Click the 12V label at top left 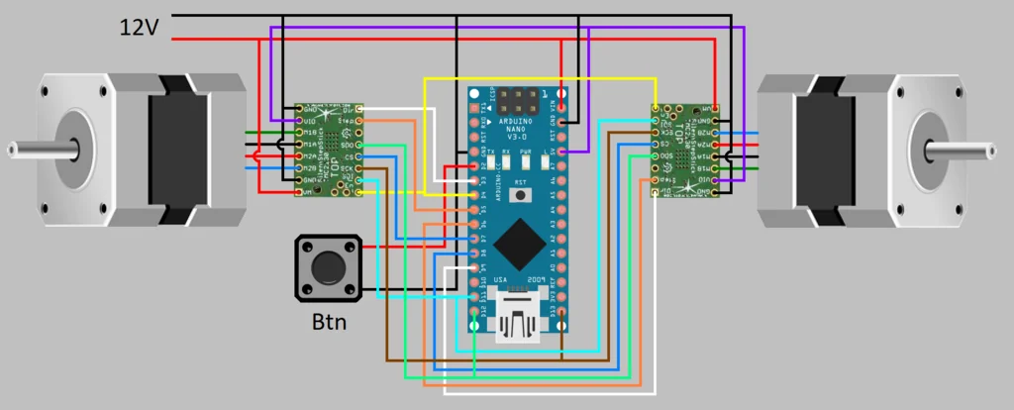pyautogui.click(x=139, y=28)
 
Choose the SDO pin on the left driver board pyautogui.click(x=359, y=145)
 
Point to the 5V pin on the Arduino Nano pyautogui.click(x=562, y=152)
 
